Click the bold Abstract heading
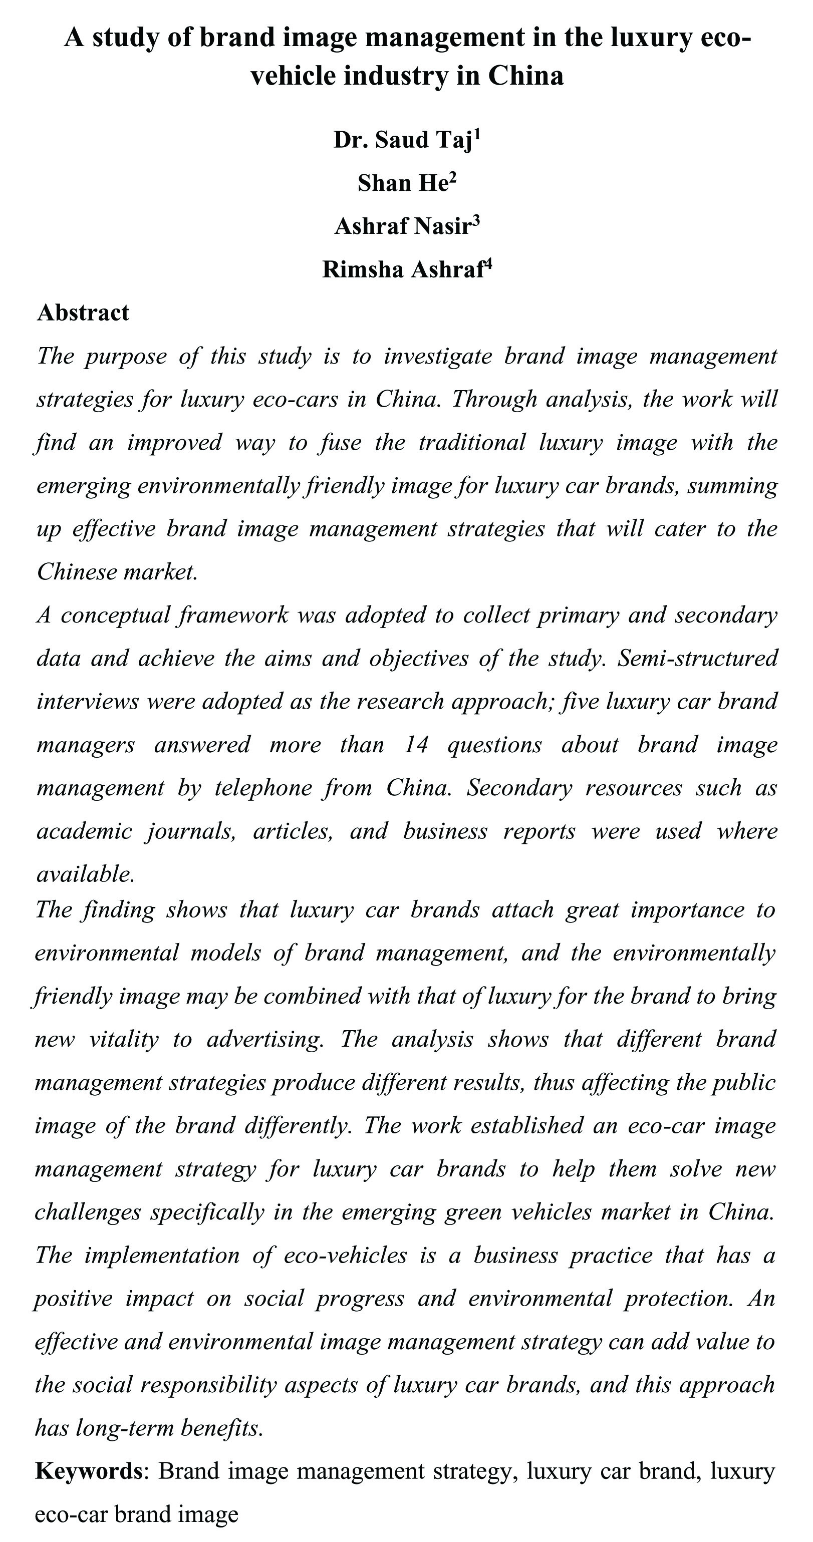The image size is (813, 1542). point(83,313)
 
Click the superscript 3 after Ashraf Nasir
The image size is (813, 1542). point(476,221)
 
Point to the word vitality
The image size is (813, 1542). point(123,1039)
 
